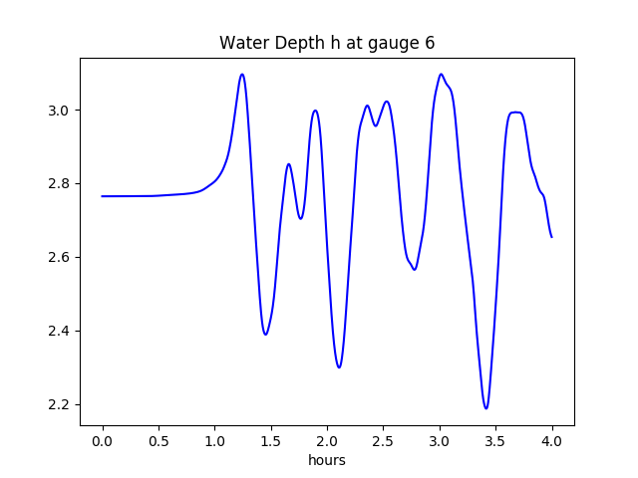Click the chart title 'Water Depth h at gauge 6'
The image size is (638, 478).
click(x=327, y=43)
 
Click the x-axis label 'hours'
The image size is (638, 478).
click(x=327, y=461)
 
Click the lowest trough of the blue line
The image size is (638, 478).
click(x=486, y=408)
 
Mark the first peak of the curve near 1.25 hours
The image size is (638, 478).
click(x=242, y=74)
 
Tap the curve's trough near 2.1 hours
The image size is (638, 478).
click(x=339, y=367)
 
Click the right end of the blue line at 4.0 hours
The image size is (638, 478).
click(x=551, y=237)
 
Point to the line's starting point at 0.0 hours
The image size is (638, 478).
click(x=103, y=196)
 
